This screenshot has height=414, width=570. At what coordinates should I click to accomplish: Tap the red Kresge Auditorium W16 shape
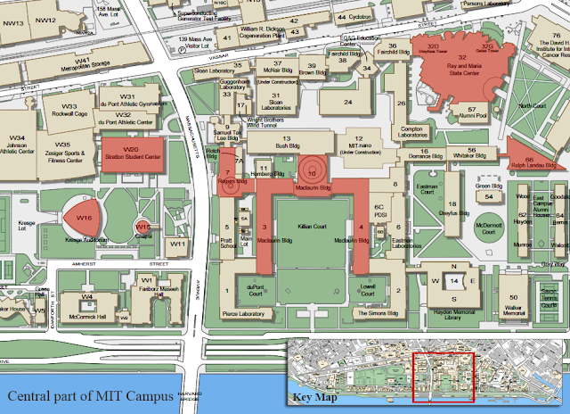(x=86, y=218)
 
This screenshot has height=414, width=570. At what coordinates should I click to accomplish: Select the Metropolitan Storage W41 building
(x=83, y=65)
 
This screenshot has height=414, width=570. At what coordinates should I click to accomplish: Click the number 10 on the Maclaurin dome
(x=312, y=170)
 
